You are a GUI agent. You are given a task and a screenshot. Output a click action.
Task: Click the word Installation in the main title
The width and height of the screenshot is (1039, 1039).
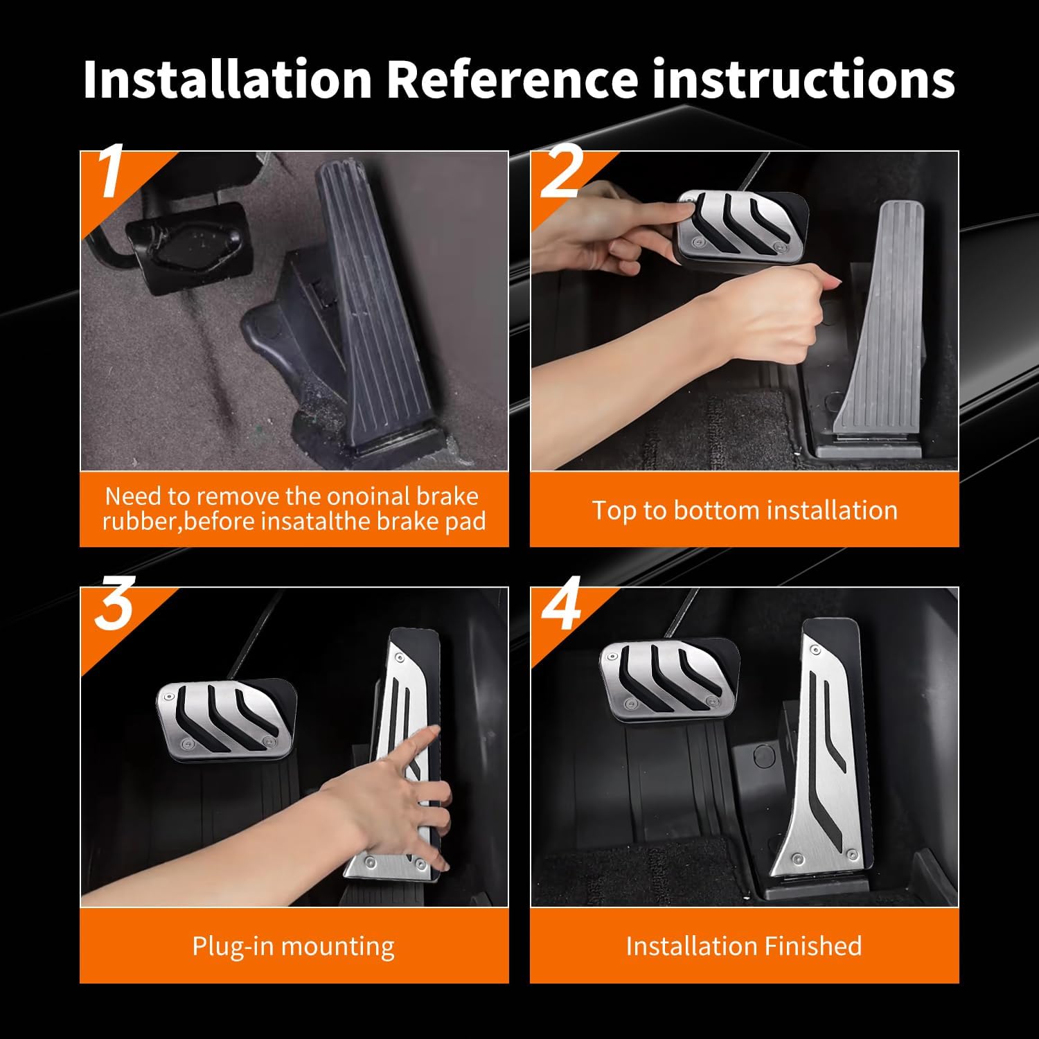coord(228,79)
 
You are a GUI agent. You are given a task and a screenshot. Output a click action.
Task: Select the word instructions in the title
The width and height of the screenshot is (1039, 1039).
coord(803,79)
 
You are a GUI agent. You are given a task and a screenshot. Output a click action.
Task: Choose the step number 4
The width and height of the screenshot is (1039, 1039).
coord(562,605)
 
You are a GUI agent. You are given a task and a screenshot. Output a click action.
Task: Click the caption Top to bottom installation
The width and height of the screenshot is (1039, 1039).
coord(745,510)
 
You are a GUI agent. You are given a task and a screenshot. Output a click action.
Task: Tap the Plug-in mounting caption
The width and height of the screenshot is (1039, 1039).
coord(294,946)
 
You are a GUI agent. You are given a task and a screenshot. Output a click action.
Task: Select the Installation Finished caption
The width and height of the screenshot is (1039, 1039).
coord(744,946)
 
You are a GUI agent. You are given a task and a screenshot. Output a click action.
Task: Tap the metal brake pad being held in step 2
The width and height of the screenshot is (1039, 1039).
coord(741,226)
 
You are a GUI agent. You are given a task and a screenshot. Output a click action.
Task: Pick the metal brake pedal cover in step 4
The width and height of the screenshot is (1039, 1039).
coord(668,679)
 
